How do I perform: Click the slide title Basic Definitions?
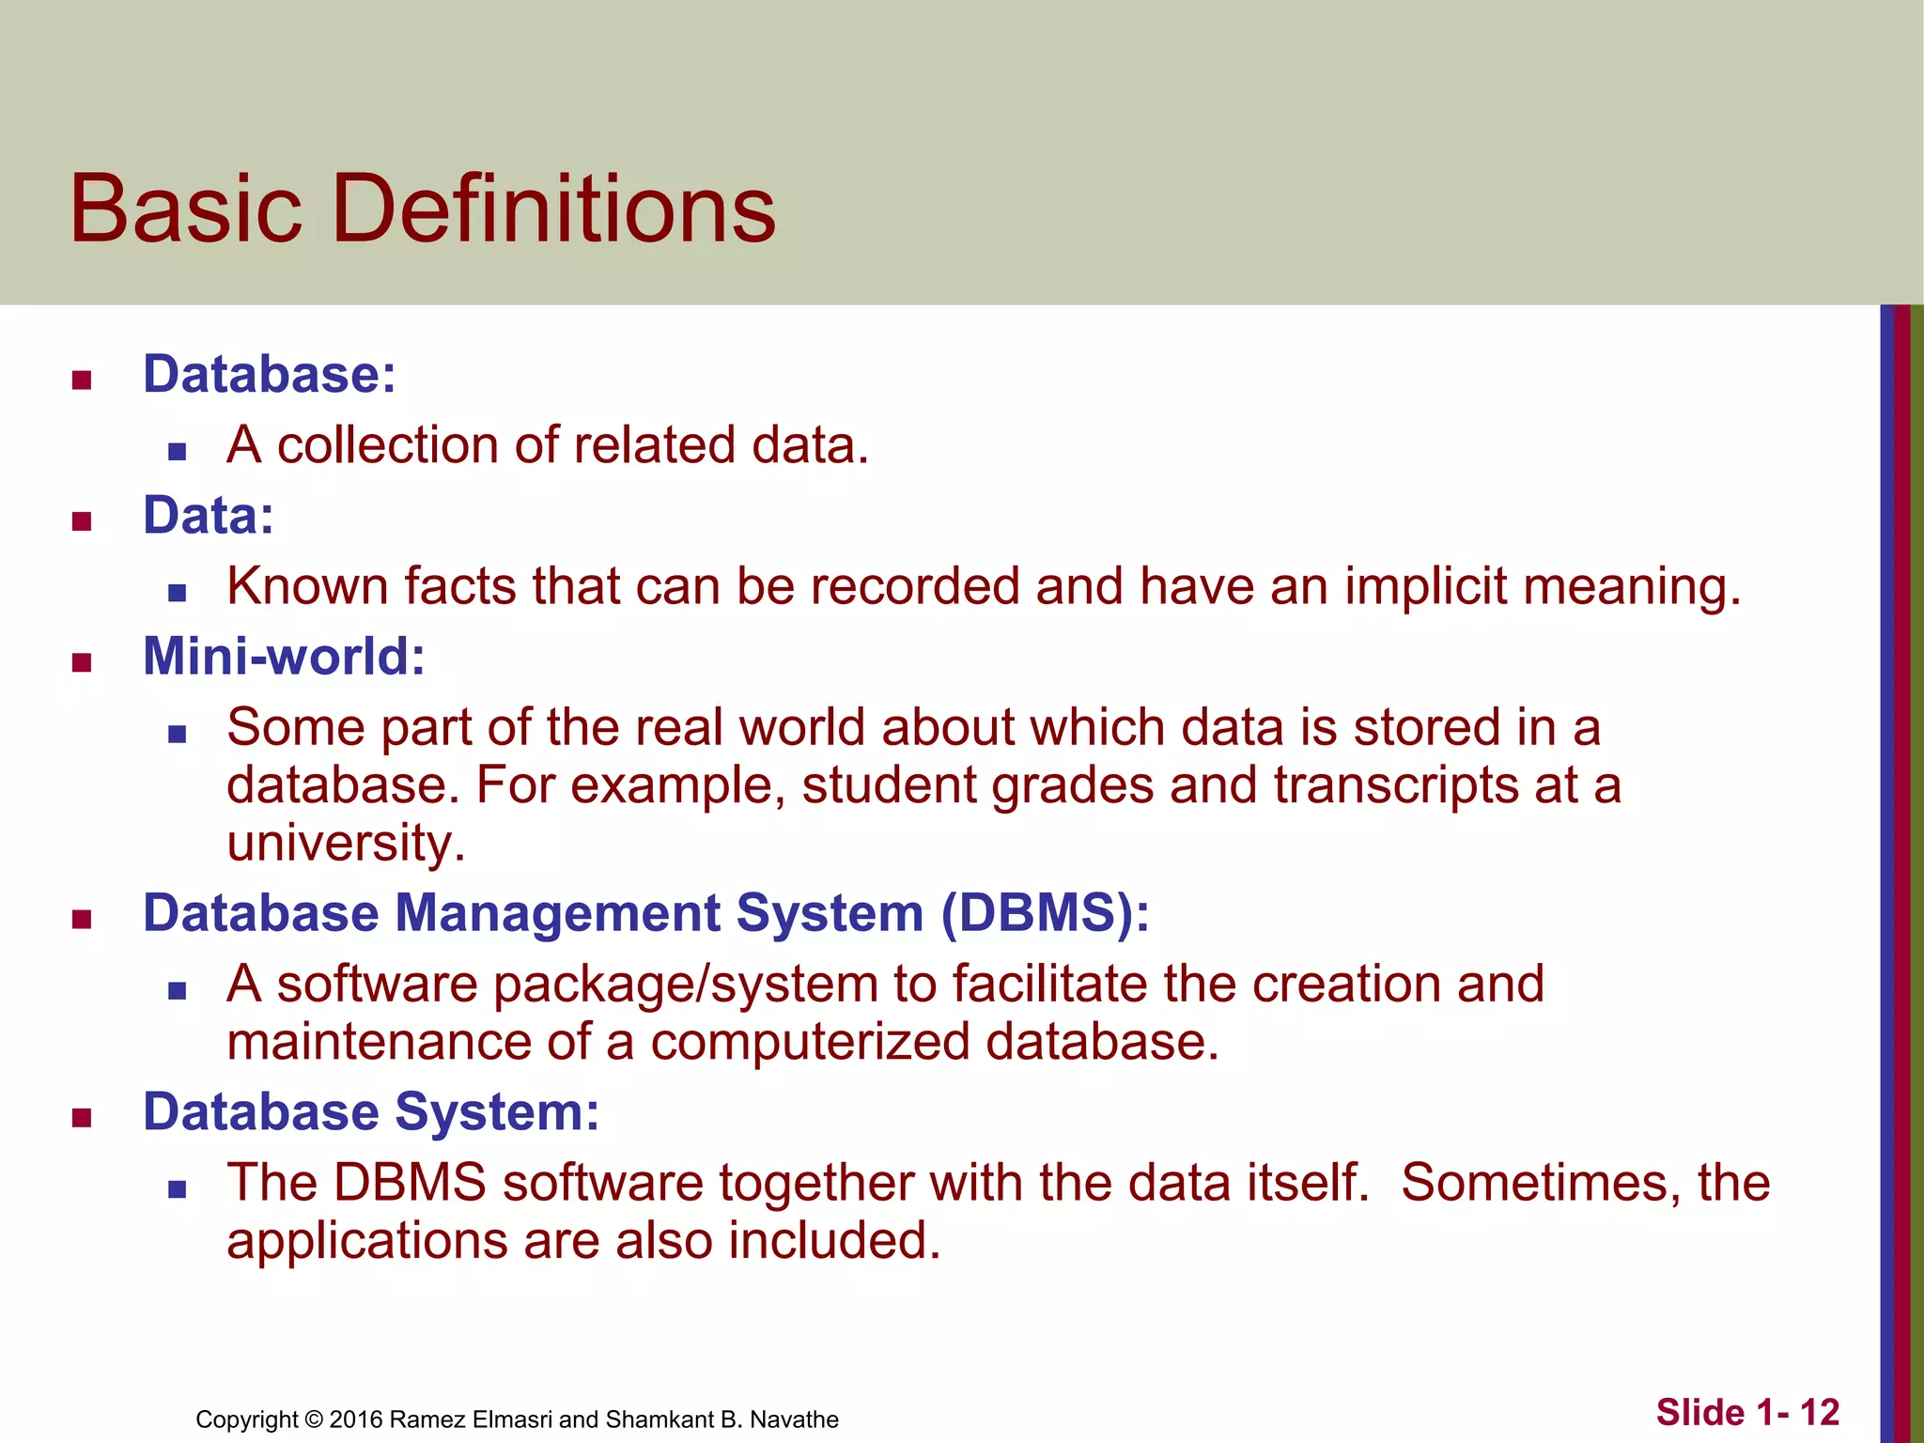[423, 209]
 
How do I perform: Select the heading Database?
[270, 374]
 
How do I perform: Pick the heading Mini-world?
[284, 656]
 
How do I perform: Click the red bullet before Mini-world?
[82, 663]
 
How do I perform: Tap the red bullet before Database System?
[82, 1118]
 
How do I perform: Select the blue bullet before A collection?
[178, 452]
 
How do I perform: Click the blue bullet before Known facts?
[178, 593]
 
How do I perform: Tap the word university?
[346, 843]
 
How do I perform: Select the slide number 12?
[1819, 1412]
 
